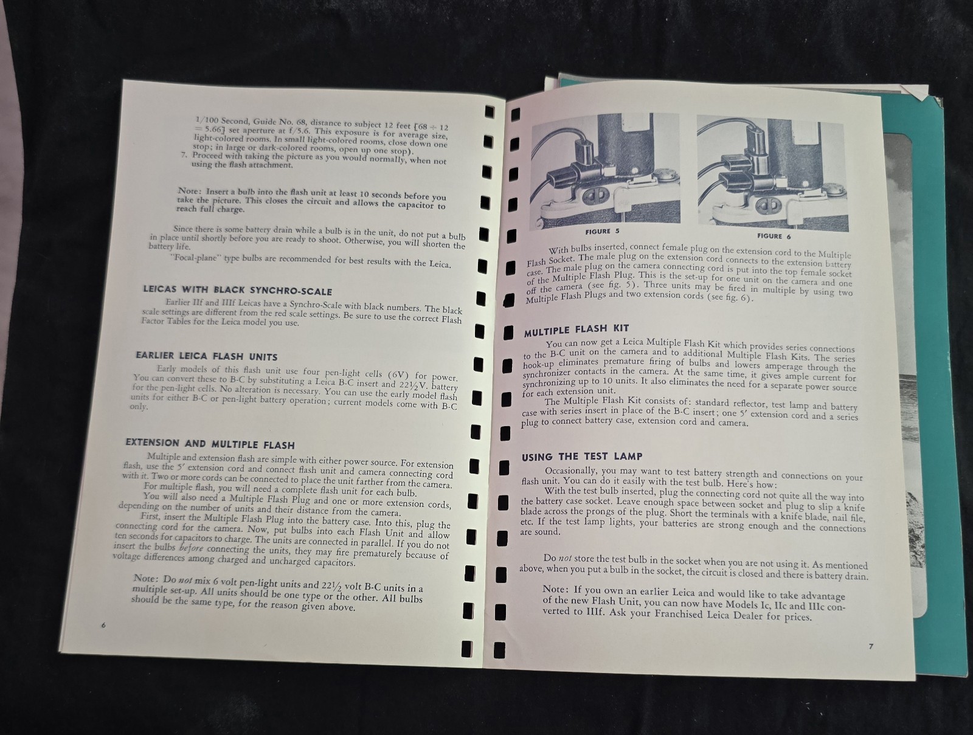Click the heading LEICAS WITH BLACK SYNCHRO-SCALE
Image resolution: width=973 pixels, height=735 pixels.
(x=237, y=290)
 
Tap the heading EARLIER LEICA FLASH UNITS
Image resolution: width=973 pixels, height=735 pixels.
(x=207, y=356)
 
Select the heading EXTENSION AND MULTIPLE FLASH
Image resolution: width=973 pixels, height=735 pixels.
(x=210, y=443)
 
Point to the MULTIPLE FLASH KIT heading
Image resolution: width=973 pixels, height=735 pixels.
(x=577, y=330)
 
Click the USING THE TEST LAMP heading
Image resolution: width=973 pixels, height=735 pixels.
(x=582, y=457)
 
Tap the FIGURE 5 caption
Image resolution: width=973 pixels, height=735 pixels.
(x=602, y=231)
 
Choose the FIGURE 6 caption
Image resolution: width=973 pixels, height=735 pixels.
(x=774, y=236)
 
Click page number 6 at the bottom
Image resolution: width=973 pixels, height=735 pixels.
(x=103, y=625)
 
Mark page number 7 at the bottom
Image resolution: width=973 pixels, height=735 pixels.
(x=871, y=646)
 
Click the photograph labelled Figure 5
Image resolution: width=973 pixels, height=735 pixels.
(x=605, y=168)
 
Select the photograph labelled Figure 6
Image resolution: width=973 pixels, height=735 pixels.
(x=773, y=173)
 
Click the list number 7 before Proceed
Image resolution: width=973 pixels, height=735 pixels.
(x=183, y=154)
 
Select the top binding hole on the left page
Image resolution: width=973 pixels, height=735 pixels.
(x=490, y=112)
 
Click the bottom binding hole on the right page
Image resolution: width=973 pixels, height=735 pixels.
(x=499, y=650)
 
